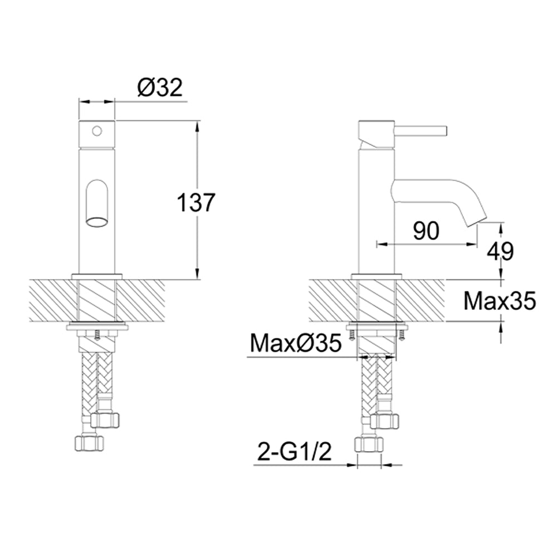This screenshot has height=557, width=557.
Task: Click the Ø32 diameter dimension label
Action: tap(159, 87)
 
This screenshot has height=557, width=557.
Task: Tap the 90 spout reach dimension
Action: tap(426, 231)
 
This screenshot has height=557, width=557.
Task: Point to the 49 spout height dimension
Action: tap(500, 251)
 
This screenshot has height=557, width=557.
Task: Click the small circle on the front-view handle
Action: tap(97, 131)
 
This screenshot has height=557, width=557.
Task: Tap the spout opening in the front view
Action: tap(97, 223)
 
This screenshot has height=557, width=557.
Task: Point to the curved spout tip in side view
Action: tap(476, 217)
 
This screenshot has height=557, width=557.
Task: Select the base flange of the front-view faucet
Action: tap(97, 276)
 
